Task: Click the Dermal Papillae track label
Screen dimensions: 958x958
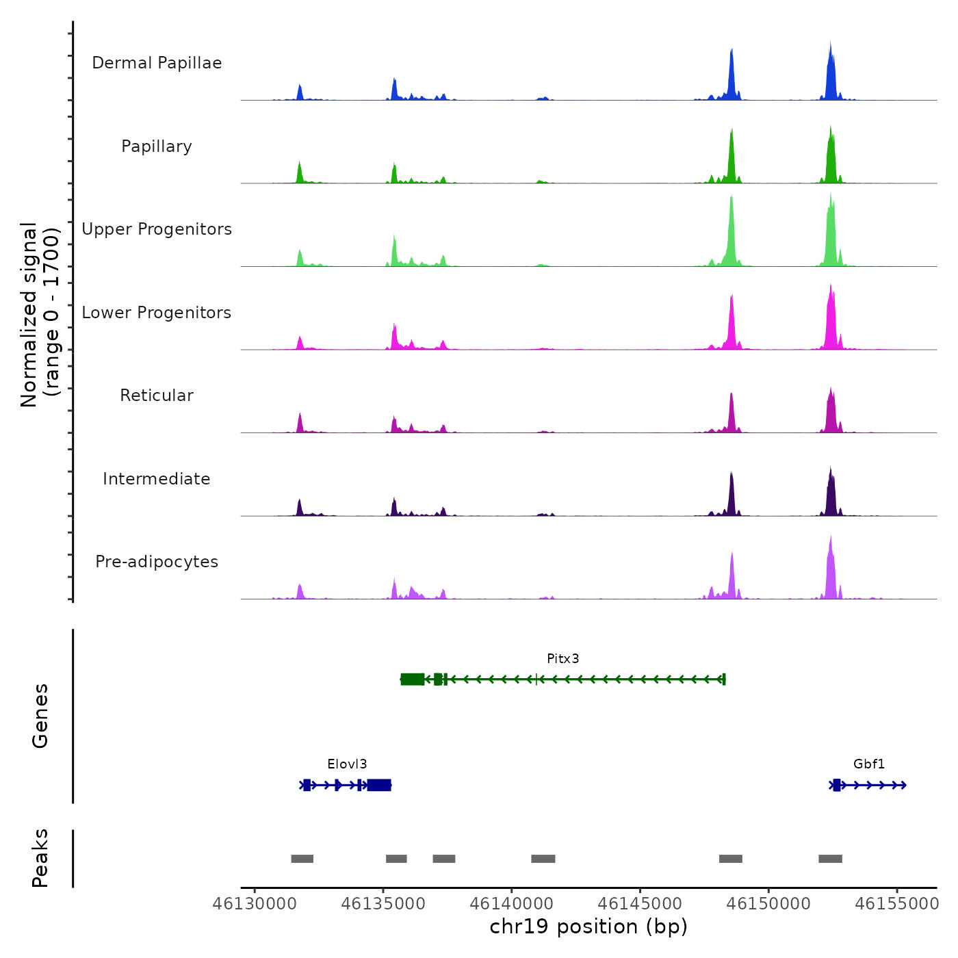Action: (x=157, y=63)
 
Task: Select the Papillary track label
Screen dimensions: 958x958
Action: (x=157, y=146)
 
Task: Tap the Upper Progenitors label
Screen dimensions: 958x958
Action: (x=157, y=229)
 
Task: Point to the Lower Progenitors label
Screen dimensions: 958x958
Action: (x=157, y=313)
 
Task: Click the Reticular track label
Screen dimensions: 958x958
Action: (x=157, y=396)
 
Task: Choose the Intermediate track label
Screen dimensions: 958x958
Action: (x=157, y=479)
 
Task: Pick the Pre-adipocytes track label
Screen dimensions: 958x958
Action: (x=157, y=562)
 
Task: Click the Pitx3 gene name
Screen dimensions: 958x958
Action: (x=562, y=659)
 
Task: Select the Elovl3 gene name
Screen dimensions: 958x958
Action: (x=347, y=764)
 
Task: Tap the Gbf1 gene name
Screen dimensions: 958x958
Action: (x=868, y=764)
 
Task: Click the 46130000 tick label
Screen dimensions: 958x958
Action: (x=255, y=904)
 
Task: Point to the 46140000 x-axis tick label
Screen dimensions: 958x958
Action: (x=511, y=904)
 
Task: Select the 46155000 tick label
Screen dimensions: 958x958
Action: (x=896, y=904)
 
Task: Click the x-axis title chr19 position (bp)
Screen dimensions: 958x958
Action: (x=588, y=927)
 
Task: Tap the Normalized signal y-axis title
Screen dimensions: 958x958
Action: (x=40, y=315)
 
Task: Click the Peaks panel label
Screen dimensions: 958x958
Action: (x=40, y=858)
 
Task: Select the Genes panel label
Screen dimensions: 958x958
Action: (x=40, y=716)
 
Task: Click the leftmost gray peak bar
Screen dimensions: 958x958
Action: (x=302, y=859)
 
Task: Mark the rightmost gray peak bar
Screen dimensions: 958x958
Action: (x=830, y=859)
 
